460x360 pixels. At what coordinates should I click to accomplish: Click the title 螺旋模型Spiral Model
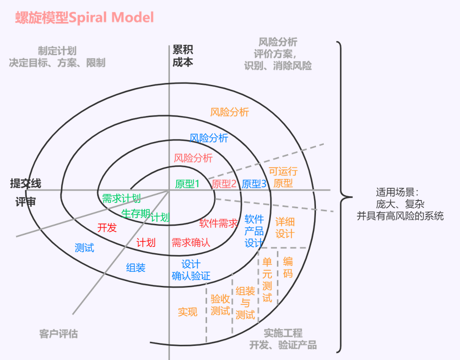tap(84, 18)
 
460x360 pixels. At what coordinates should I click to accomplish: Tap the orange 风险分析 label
tap(230, 112)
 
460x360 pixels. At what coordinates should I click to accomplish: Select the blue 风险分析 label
tap(209, 138)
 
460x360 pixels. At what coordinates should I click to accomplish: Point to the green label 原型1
tap(188, 184)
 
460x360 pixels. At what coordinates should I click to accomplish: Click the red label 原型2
tap(224, 184)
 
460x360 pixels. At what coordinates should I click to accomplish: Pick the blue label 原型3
tap(254, 184)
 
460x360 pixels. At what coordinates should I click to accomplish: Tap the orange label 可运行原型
tap(283, 178)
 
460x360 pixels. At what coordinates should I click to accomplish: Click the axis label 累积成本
tap(183, 56)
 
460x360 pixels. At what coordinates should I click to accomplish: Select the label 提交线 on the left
tap(25, 183)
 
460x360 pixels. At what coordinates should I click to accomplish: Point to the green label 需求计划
tap(121, 198)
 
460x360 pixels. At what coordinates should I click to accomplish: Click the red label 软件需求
tap(218, 223)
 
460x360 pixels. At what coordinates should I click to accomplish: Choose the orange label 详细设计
tap(285, 228)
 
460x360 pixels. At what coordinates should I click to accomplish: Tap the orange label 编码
tap(288, 267)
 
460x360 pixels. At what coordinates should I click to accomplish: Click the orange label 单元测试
tap(267, 279)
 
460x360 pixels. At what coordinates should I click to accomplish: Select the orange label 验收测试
tap(220, 304)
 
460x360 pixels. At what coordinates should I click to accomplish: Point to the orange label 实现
tap(188, 312)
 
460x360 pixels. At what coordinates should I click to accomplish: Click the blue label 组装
tap(136, 267)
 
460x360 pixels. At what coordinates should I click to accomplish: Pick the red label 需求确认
tap(191, 242)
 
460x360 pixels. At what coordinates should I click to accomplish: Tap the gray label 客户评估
tap(58, 334)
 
